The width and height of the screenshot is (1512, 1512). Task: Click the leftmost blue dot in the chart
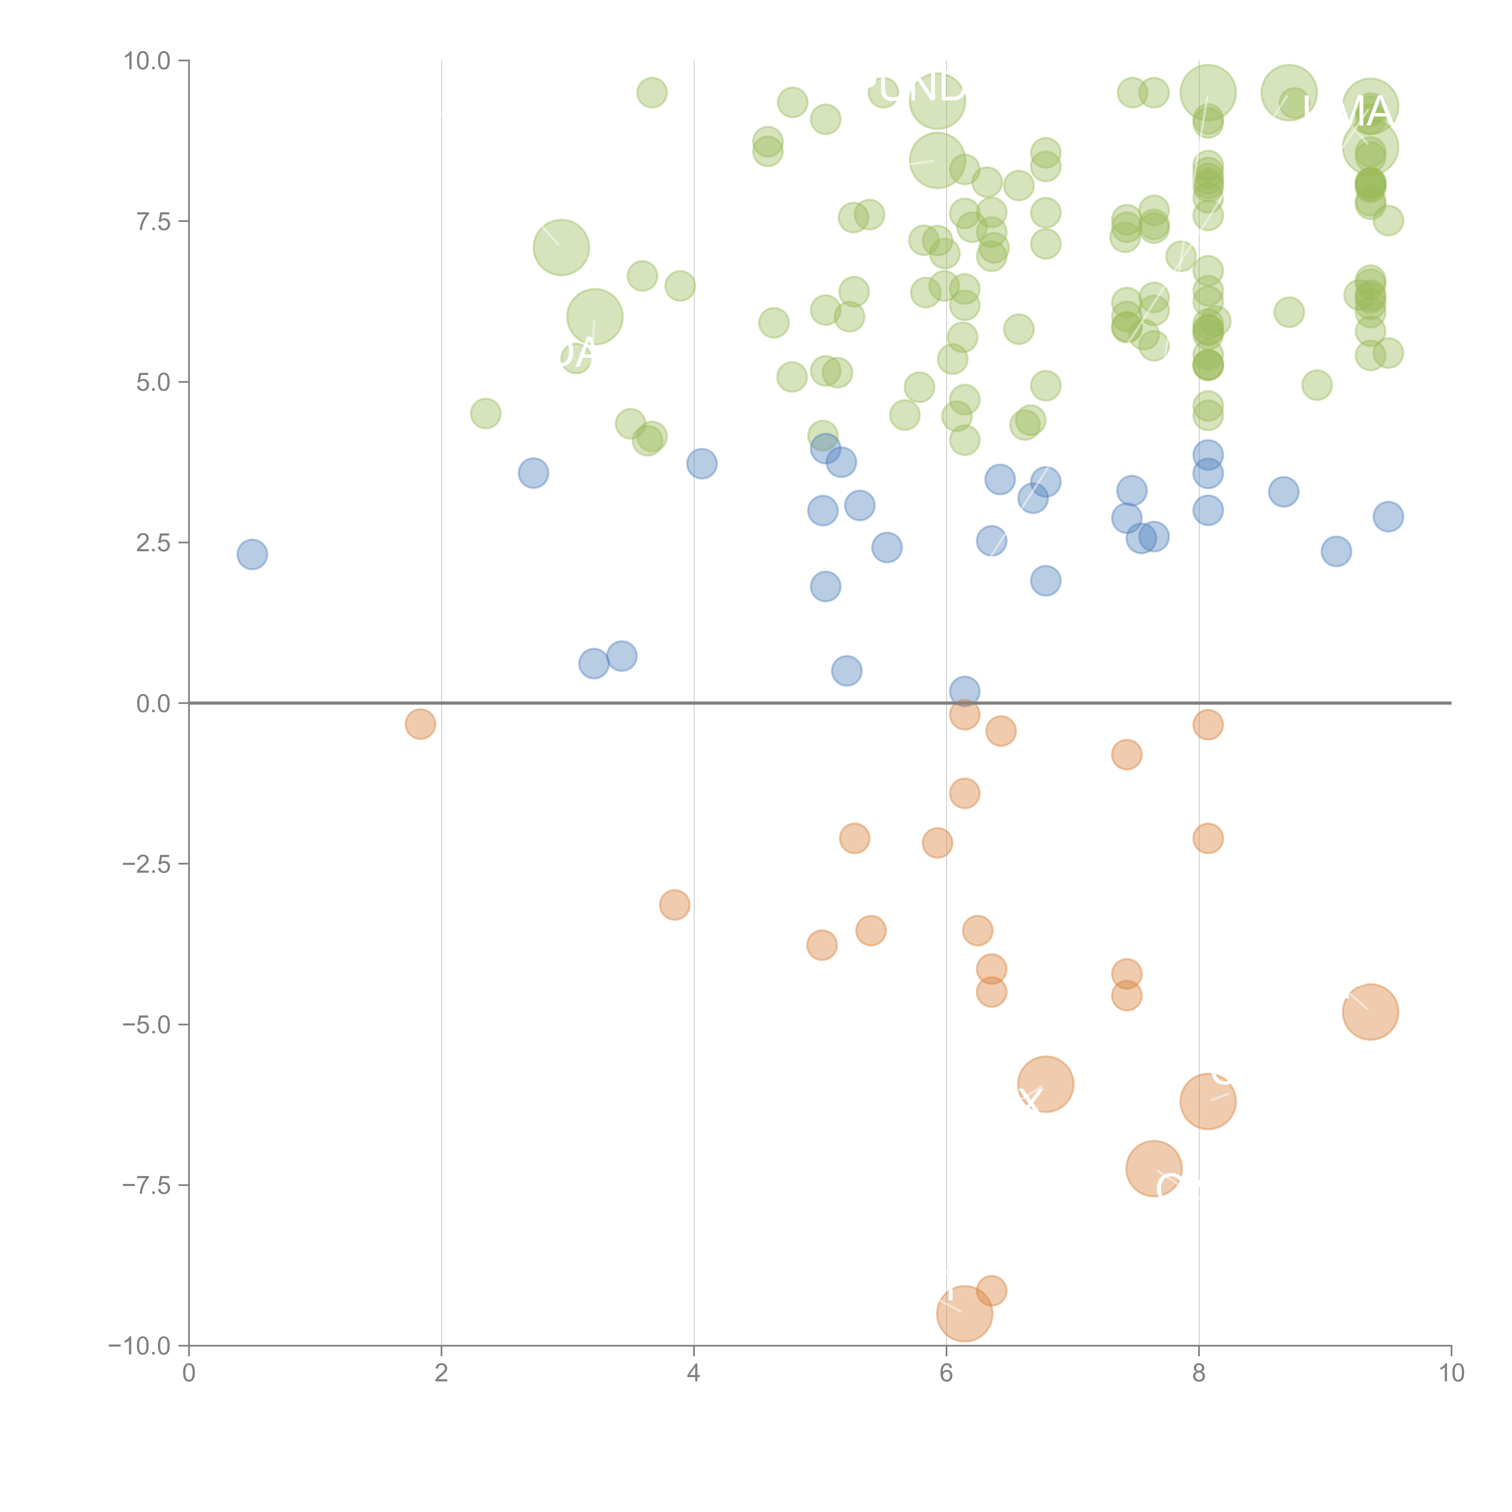click(x=252, y=554)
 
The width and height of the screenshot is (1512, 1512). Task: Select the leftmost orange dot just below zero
click(x=420, y=724)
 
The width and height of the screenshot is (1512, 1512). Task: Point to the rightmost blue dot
click(x=1388, y=516)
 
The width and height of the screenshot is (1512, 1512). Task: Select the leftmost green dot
click(x=485, y=413)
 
